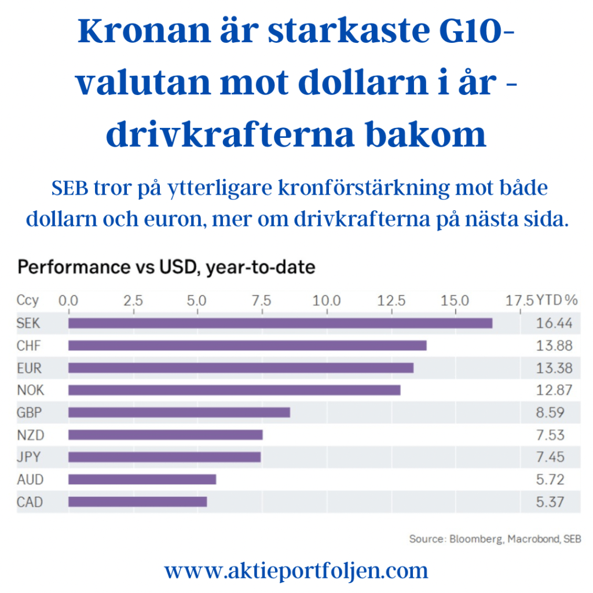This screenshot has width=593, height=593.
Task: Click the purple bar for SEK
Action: (280, 323)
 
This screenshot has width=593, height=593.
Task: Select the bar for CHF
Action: (247, 346)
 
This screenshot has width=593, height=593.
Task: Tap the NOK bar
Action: (234, 390)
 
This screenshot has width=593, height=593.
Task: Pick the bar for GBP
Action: (179, 412)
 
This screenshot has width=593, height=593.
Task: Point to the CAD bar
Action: (137, 502)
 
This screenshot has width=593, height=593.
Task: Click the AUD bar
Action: (142, 479)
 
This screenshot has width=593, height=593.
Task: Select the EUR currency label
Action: (29, 368)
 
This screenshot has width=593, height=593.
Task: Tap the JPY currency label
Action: (29, 457)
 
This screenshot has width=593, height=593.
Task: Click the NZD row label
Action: (30, 435)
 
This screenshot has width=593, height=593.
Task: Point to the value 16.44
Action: (554, 323)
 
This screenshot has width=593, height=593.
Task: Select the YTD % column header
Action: (557, 300)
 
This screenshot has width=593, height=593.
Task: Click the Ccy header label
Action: (28, 300)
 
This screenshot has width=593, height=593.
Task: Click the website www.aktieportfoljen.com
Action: (296, 571)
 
